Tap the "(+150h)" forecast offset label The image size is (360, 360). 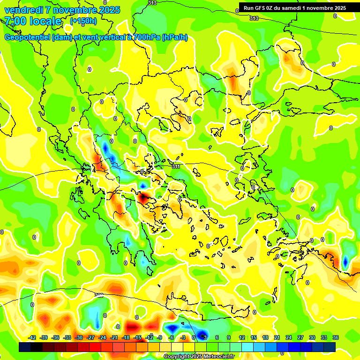(x=83, y=21)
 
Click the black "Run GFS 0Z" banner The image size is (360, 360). (x=294, y=7)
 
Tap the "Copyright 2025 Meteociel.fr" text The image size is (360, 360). (x=199, y=356)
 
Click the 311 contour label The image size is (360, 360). (x=176, y=166)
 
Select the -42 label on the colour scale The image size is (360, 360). (x=32, y=337)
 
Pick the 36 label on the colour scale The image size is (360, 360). (x=336, y=337)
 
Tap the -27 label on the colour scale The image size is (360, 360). (x=90, y=337)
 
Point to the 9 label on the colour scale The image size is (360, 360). (x=229, y=337)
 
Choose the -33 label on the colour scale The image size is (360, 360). (x=67, y=337)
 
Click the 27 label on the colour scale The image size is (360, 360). (x=300, y=337)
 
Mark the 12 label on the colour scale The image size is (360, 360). (x=242, y=337)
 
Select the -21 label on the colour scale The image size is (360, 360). (x=114, y=337)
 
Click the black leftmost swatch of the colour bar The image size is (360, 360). (x=25, y=347)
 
